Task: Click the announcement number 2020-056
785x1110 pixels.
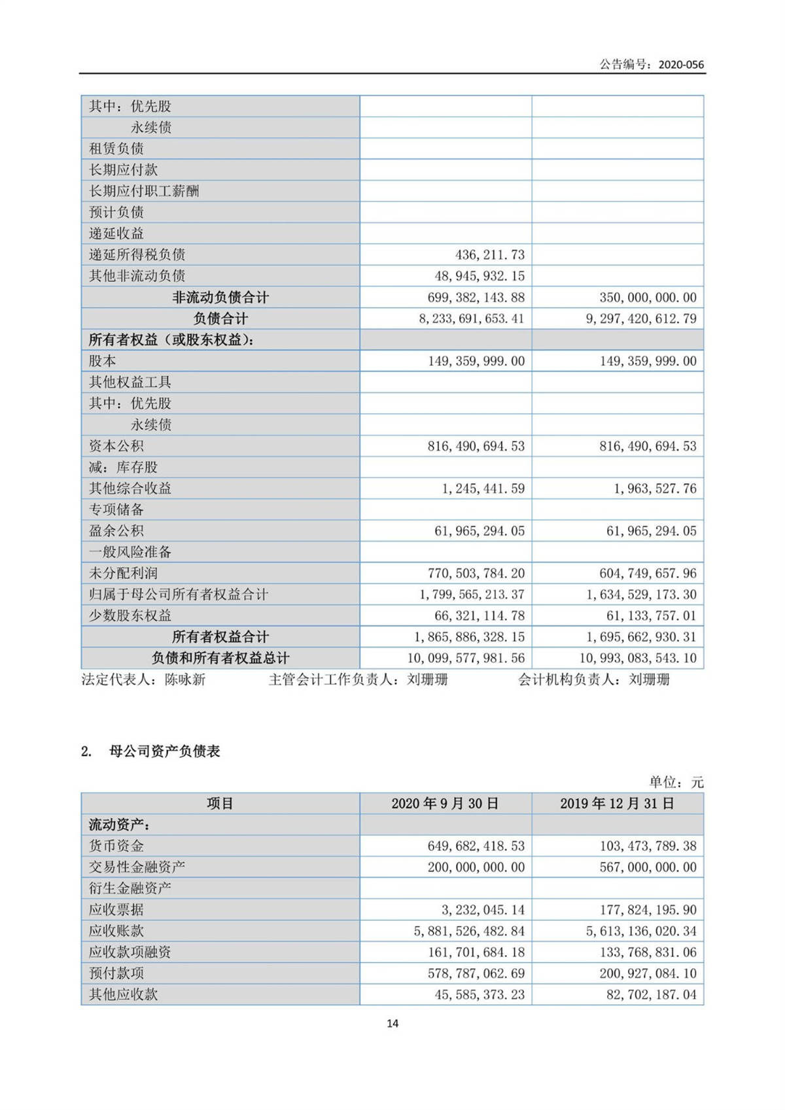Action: [x=681, y=64]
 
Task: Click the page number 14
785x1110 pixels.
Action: [x=392, y=1023]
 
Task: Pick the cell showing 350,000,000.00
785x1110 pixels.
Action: [x=648, y=298]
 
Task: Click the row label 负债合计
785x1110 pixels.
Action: [x=220, y=319]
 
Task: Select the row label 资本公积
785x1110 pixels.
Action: [x=116, y=446]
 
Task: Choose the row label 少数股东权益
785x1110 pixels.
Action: [x=130, y=616]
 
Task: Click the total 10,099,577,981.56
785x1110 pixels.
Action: [x=466, y=658]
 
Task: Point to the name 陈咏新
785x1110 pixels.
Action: [x=185, y=680]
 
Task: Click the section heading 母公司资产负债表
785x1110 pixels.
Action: [x=164, y=751]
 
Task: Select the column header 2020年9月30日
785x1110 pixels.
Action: [x=445, y=803]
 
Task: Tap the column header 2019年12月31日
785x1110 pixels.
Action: [x=617, y=803]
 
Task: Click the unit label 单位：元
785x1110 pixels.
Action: [x=676, y=782]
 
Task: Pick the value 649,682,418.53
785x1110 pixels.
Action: [x=476, y=846]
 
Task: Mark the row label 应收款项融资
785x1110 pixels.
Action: [x=130, y=952]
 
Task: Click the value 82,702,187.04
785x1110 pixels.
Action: [x=651, y=995]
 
